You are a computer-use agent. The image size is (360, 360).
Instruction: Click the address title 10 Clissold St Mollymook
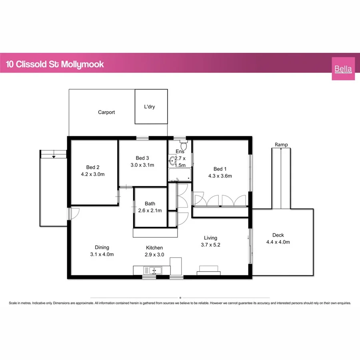55,64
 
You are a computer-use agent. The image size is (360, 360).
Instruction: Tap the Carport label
106,112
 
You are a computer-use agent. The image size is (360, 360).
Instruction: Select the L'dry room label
151,107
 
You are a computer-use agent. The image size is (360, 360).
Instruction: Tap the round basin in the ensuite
173,161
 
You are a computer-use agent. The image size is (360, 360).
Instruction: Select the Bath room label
150,203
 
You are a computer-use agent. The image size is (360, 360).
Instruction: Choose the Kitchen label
154,248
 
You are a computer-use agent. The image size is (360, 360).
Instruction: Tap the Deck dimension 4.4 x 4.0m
278,242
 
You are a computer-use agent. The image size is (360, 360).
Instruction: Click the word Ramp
281,145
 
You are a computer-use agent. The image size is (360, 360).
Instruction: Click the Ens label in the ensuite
180,152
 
